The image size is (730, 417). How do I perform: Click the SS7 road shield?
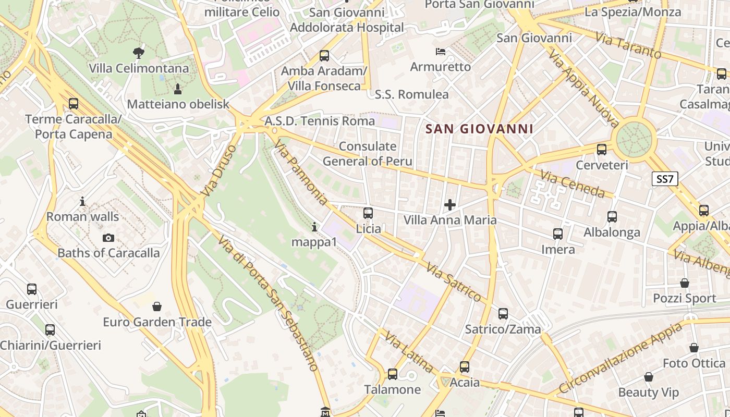(x=665, y=179)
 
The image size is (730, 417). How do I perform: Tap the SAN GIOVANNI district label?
(x=479, y=129)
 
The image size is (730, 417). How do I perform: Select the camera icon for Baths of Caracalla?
(x=108, y=238)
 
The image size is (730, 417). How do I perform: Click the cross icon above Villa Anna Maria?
(x=449, y=205)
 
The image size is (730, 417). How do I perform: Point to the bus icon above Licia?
(x=368, y=213)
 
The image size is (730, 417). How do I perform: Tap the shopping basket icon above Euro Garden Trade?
(x=157, y=306)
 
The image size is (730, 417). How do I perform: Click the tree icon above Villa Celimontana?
(x=138, y=53)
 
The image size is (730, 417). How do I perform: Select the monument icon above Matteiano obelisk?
(x=178, y=89)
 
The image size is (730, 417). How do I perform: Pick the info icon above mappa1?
(x=314, y=227)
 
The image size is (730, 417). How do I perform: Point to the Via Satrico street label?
(x=454, y=283)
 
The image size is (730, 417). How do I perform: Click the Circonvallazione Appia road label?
(x=620, y=359)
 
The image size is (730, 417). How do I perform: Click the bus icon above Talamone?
(x=393, y=374)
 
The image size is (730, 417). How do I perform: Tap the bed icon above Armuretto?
(x=441, y=52)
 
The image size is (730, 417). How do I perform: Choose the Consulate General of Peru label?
(x=367, y=154)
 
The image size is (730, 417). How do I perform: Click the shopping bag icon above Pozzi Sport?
(x=685, y=283)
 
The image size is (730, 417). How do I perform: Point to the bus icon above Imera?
(x=558, y=234)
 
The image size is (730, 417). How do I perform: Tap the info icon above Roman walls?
(x=82, y=201)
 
